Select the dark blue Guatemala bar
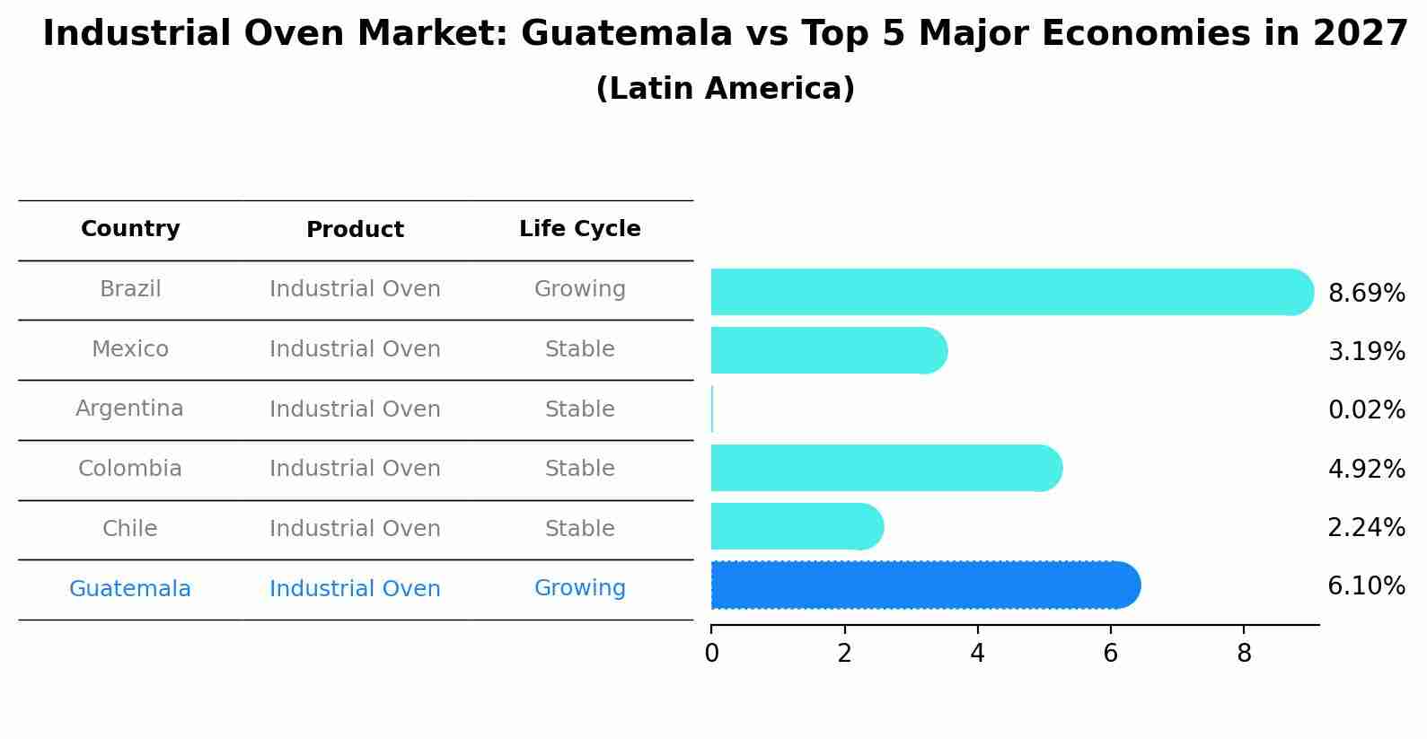(x=925, y=585)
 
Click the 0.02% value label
(x=1366, y=410)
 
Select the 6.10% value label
(x=1366, y=586)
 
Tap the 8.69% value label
(x=1366, y=294)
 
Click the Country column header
(x=130, y=229)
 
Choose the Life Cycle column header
(x=579, y=229)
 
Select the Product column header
(x=355, y=230)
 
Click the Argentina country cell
(x=129, y=409)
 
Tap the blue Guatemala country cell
(x=129, y=589)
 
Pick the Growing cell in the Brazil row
(x=579, y=289)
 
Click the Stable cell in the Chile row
(x=579, y=529)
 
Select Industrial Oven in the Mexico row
(x=355, y=349)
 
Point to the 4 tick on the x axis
(x=977, y=654)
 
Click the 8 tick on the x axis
(x=1244, y=654)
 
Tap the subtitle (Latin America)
(x=725, y=89)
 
